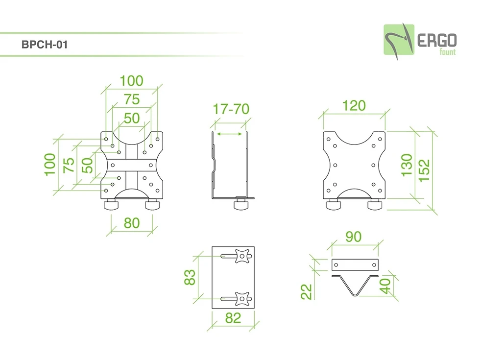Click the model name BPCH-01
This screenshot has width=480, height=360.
click(45, 45)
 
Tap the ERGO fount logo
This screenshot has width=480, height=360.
click(420, 41)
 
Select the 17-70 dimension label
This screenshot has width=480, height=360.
click(231, 109)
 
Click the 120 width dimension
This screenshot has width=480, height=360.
click(354, 106)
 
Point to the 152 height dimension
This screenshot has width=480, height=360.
click(424, 170)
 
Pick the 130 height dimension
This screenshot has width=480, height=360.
click(407, 166)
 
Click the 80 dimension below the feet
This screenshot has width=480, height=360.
click(132, 223)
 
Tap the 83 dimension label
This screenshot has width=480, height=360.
click(190, 277)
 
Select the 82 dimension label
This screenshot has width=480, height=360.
click(233, 318)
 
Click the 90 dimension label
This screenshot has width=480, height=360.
click(354, 237)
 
